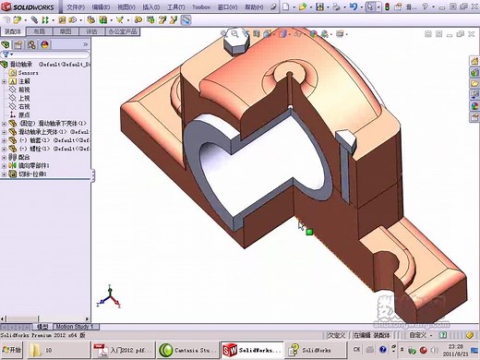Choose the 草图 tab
(x=66, y=30)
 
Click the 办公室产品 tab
(x=122, y=30)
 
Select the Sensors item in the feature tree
(x=30, y=73)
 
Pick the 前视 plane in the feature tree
(x=25, y=90)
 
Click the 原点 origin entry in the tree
(x=25, y=114)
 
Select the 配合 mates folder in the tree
(x=24, y=157)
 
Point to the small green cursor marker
(x=310, y=232)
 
